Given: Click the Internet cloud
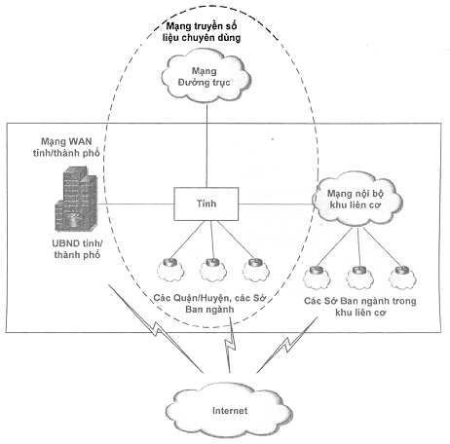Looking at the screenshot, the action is point(229,411).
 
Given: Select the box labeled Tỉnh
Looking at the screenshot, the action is point(206,203).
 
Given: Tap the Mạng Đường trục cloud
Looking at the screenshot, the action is point(206,77).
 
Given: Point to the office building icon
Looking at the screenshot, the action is point(76,199).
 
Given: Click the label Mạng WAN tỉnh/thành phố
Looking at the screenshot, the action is point(66,147).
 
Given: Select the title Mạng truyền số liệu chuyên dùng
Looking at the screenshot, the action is point(202,32).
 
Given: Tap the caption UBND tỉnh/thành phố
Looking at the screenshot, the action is point(77,249).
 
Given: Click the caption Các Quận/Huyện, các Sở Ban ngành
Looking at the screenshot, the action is point(209,303).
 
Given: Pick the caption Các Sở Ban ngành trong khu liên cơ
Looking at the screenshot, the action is point(359,307).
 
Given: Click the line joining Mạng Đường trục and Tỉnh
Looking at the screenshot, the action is point(206,145).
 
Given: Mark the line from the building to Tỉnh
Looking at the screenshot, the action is point(135,204).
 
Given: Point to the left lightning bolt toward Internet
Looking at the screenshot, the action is point(155,328).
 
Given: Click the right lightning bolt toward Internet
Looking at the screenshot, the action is point(287,345).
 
